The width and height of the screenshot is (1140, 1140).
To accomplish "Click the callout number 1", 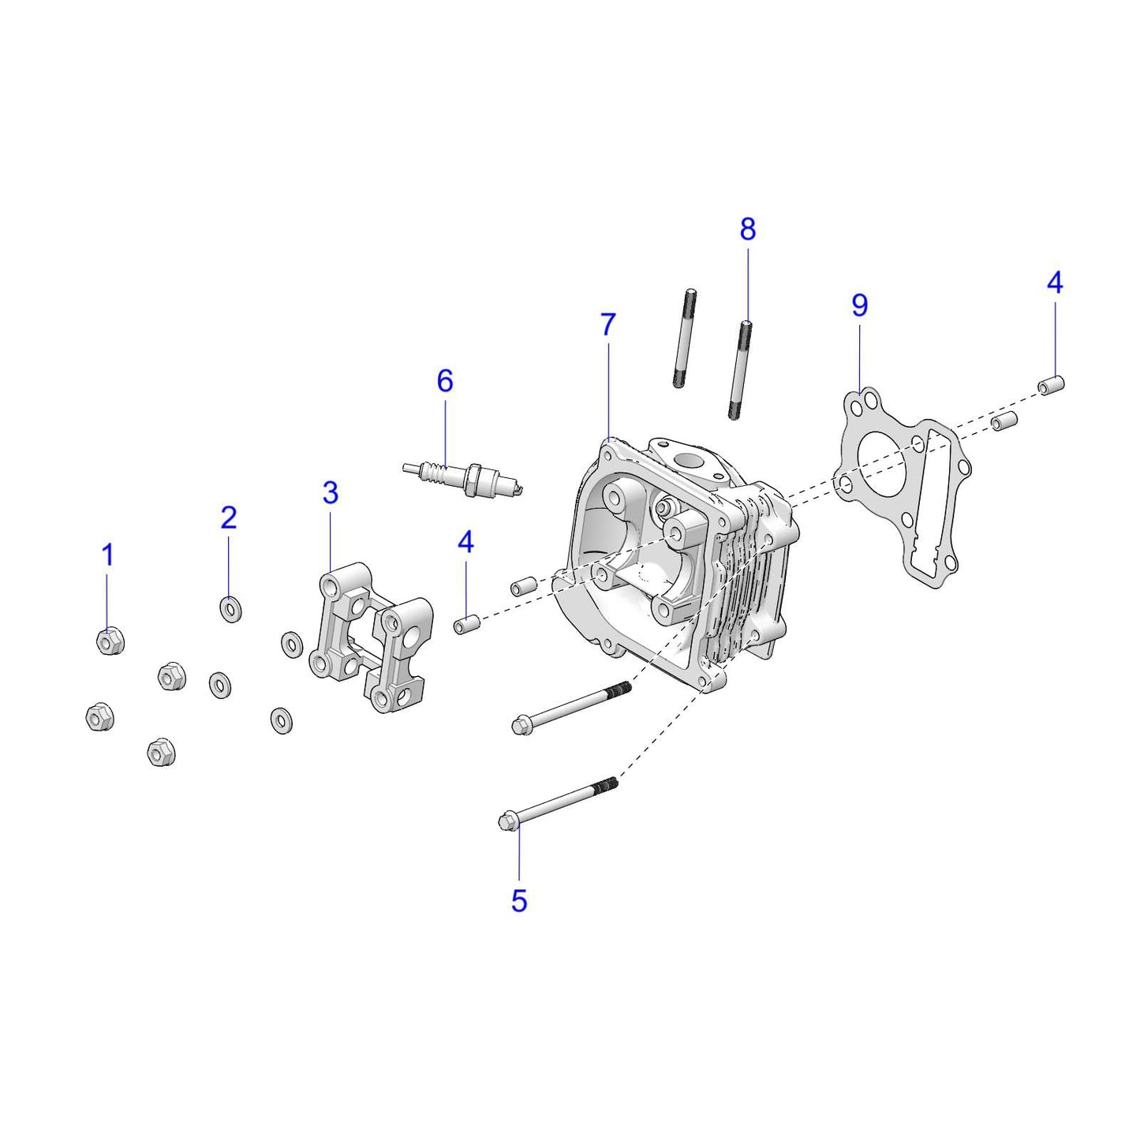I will click(108, 555).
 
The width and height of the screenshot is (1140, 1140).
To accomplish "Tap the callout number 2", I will click(229, 518).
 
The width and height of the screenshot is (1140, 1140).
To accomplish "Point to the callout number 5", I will click(518, 900).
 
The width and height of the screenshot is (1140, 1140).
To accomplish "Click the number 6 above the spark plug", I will click(445, 381).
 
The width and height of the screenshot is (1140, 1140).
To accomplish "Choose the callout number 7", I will click(607, 324).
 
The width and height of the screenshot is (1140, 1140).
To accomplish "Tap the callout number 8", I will click(747, 229).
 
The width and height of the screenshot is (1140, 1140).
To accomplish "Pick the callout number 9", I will click(859, 305).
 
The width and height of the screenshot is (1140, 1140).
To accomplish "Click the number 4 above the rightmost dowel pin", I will click(1055, 282).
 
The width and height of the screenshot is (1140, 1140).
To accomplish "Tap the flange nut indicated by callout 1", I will click(109, 641).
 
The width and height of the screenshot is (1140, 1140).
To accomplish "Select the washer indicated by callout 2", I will click(230, 609).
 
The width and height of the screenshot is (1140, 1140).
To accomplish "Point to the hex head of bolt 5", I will click(507, 820).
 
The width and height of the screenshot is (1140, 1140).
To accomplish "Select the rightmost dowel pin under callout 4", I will click(1052, 387).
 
